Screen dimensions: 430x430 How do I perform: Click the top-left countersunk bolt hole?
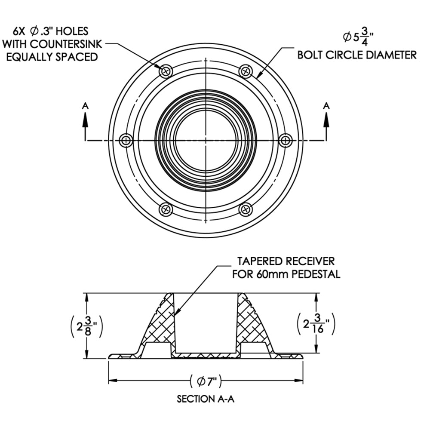[166, 71]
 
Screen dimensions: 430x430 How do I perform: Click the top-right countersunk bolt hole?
[246, 71]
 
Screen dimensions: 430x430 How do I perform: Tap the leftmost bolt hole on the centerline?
[126, 140]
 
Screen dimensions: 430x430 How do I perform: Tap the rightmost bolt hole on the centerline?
[286, 140]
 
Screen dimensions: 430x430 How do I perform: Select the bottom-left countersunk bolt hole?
[166, 209]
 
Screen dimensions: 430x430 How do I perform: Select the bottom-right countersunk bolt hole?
[246, 209]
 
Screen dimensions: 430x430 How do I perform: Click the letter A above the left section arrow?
[86, 105]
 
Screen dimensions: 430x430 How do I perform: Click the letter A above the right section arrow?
[326, 105]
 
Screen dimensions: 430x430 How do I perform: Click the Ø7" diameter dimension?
[206, 381]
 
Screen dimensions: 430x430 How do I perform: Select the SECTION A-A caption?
[206, 399]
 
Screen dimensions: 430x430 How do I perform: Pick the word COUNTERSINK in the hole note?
[70, 43]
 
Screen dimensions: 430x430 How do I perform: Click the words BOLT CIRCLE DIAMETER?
[357, 55]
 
